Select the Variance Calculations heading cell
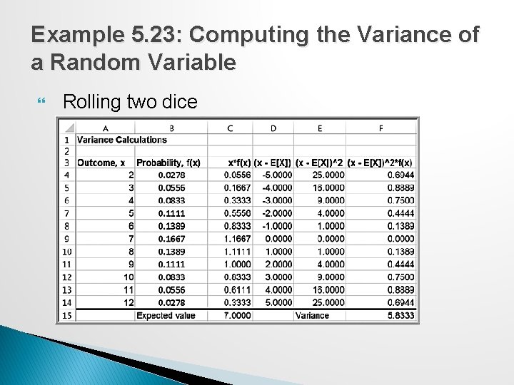(x=121, y=139)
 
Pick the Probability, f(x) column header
(x=168, y=163)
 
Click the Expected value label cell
(x=166, y=315)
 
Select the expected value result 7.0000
(x=237, y=315)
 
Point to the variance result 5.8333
(x=399, y=315)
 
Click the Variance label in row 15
(x=311, y=315)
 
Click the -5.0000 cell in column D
(x=276, y=175)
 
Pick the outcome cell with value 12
(x=128, y=302)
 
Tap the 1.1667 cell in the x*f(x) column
(x=237, y=238)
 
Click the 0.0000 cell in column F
(x=399, y=238)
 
